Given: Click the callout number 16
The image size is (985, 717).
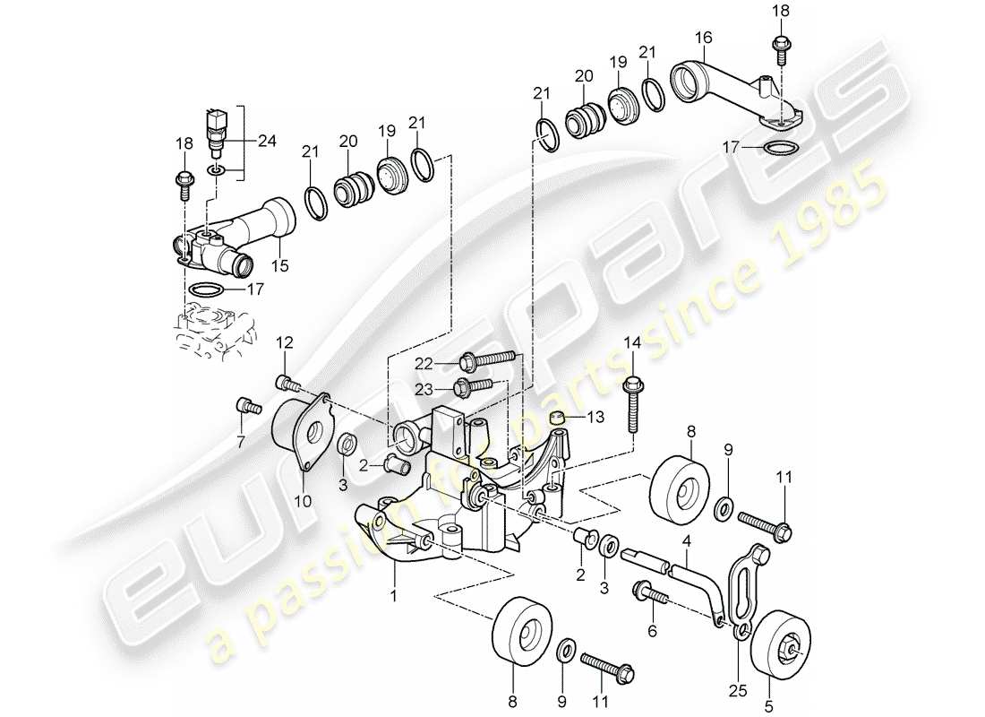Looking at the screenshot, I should coord(704,37).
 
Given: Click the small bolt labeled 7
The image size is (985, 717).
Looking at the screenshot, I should coord(248,408).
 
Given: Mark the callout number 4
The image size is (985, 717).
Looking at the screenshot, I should coord(687,541).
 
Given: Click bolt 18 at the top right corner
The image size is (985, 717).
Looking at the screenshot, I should coord(779,46).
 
